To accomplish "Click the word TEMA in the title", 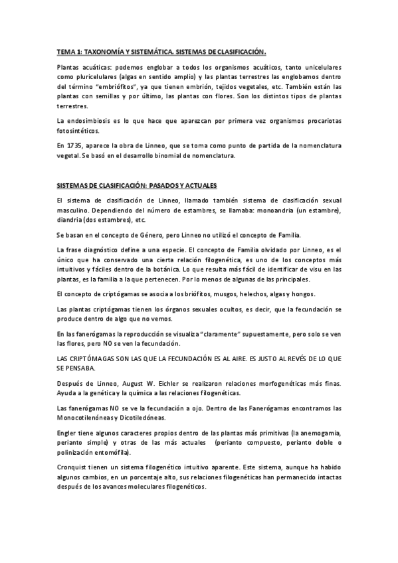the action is point(64,51).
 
